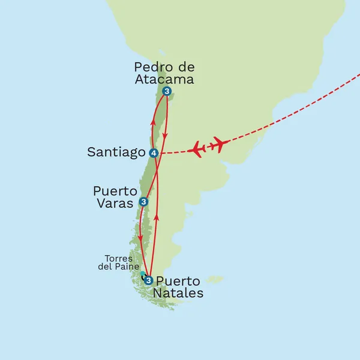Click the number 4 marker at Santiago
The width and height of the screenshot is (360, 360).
[x=154, y=153]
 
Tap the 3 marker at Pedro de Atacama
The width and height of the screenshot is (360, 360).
[x=167, y=92]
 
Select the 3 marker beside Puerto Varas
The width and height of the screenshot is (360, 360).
[x=143, y=202]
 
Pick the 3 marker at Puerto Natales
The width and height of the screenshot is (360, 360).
[x=148, y=279]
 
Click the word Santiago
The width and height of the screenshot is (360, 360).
[x=116, y=152]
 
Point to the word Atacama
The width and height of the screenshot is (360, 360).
[x=164, y=78]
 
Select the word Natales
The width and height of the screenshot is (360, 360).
[x=178, y=293]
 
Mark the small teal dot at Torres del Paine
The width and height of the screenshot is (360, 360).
[x=142, y=274]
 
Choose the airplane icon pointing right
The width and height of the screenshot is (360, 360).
[x=217, y=144]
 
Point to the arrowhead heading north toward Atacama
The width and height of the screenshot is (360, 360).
[x=152, y=122]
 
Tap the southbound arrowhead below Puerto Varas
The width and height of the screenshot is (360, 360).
[x=140, y=238]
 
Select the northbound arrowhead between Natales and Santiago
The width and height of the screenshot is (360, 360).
[x=157, y=217]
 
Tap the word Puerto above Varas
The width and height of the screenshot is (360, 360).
[x=115, y=190]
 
